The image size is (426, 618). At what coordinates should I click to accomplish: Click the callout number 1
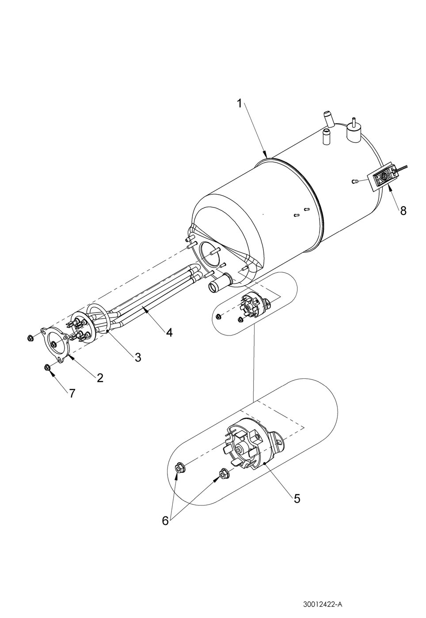pyautogui.click(x=239, y=104)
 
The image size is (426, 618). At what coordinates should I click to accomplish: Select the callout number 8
pyautogui.click(x=403, y=211)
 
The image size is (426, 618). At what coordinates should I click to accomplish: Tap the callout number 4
pyautogui.click(x=169, y=332)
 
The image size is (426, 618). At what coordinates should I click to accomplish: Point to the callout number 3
pyautogui.click(x=138, y=357)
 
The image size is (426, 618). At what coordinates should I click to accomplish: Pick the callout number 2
pyautogui.click(x=100, y=377)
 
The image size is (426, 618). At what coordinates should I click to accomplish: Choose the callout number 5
pyautogui.click(x=297, y=498)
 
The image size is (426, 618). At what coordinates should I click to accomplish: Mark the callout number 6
pyautogui.click(x=165, y=521)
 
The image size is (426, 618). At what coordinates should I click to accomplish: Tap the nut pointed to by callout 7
pyautogui.click(x=47, y=367)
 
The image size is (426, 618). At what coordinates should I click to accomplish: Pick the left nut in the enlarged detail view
pyautogui.click(x=180, y=467)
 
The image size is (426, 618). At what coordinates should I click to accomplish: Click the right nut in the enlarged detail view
pyautogui.click(x=223, y=474)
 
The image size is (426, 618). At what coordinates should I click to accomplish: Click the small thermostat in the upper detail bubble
pyautogui.click(x=251, y=306)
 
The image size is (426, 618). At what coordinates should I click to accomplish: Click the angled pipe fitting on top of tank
pyautogui.click(x=327, y=118)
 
